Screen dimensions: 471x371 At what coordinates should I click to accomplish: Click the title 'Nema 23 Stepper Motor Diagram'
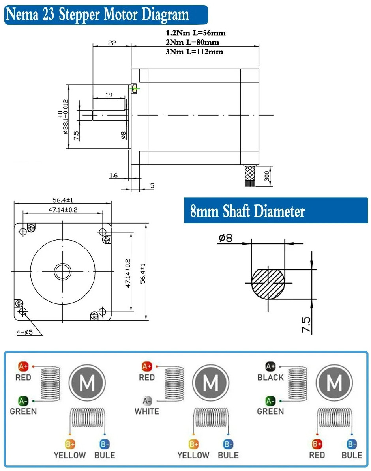click(x=97, y=15)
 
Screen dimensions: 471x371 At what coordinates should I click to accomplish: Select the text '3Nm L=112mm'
click(x=195, y=52)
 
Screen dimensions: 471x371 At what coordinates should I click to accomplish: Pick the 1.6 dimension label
click(x=114, y=175)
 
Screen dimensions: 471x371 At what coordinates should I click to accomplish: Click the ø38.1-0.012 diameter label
click(x=63, y=117)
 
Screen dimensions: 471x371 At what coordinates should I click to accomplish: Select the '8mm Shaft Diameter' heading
click(x=247, y=211)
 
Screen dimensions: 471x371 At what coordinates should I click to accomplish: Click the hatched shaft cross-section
click(x=268, y=284)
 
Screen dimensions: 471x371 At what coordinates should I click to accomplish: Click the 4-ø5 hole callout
click(x=24, y=332)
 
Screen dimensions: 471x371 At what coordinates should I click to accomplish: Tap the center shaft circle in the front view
click(x=62, y=271)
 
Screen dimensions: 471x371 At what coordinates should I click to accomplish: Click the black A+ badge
click(x=270, y=366)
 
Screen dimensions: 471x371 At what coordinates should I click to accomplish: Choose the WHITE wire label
click(x=147, y=411)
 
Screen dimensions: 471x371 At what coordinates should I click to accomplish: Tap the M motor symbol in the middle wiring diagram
click(x=211, y=382)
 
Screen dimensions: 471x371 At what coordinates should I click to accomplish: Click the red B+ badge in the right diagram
click(x=317, y=444)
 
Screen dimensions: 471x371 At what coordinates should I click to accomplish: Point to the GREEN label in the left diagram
click(x=23, y=411)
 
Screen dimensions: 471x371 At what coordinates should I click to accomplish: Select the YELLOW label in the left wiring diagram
click(x=70, y=455)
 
